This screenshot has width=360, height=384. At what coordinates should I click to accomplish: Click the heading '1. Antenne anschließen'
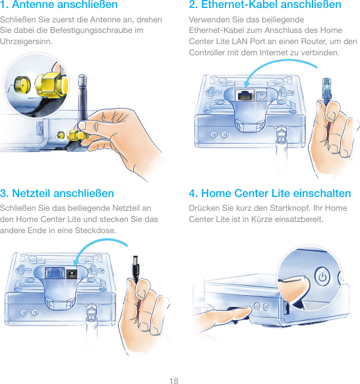click(x=59, y=5)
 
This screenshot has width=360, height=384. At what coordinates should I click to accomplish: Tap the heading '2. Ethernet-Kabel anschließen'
click(x=265, y=5)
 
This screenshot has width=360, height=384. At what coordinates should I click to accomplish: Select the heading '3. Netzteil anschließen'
click(x=57, y=193)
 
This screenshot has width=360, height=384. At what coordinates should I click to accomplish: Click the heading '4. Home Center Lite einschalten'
click(x=270, y=193)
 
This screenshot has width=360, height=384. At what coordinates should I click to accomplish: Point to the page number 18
click(x=174, y=381)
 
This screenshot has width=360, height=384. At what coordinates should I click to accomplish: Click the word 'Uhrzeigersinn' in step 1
click(x=26, y=41)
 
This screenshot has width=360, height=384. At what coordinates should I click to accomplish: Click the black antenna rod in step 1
click(x=82, y=98)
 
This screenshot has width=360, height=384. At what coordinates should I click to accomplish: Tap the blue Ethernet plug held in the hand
click(x=326, y=90)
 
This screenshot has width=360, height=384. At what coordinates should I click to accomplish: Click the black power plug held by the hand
click(x=136, y=269)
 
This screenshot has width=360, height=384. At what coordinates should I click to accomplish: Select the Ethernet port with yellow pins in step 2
click(x=245, y=95)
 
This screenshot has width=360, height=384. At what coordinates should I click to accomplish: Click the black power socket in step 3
click(x=72, y=273)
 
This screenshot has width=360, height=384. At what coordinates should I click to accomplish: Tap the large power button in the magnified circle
click(x=322, y=277)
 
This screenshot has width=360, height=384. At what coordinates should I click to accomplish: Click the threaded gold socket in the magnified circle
click(x=22, y=84)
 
